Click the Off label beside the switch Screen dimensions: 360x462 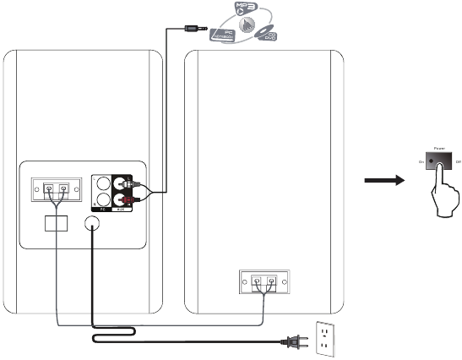[458, 160]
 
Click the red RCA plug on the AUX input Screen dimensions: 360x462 [128, 200]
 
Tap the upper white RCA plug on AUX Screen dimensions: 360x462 [127, 183]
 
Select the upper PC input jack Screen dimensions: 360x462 [103, 183]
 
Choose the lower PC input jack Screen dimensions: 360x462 [103, 200]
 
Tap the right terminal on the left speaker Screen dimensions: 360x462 [63, 188]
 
